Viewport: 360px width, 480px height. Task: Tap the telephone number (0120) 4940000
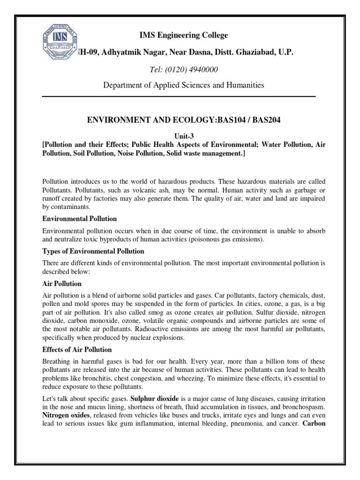pyautogui.click(x=195, y=69)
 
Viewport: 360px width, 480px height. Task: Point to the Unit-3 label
pyautogui.click(x=180, y=136)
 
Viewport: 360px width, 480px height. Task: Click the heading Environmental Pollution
pyautogui.click(x=79, y=219)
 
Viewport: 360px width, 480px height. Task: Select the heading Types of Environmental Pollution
pyautogui.click(x=93, y=251)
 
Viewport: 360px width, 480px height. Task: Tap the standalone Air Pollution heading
pyautogui.click(x=62, y=284)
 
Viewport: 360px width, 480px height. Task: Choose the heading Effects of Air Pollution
pyautogui.click(x=77, y=349)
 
